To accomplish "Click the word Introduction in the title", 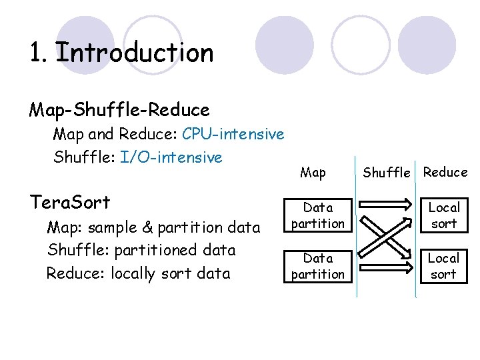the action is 135,53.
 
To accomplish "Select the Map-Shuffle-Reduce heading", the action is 119,109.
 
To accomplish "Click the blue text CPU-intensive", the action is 233,134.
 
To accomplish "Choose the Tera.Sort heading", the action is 70,201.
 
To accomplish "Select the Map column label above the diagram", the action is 313,173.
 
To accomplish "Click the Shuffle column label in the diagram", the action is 386,173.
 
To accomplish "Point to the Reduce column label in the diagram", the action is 445,172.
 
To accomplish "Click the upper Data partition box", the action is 318,215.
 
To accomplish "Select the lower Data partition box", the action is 318,265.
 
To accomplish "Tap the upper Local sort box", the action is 444,215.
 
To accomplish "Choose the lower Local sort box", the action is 444,265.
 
